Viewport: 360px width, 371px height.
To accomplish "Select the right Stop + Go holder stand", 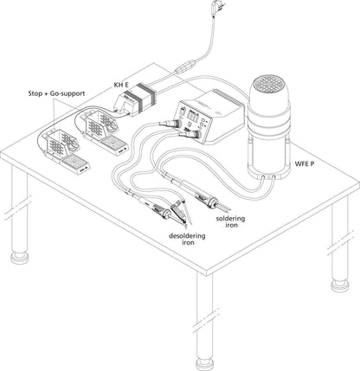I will coord(97,126).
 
